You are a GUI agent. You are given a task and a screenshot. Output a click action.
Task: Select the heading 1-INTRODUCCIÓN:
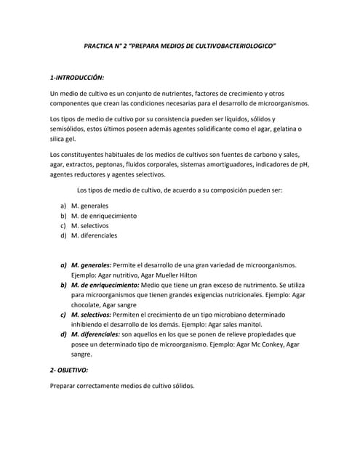click(x=77, y=77)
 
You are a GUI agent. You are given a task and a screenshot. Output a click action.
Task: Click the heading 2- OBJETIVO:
click(x=68, y=370)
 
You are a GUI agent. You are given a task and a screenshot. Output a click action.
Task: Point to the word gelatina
click(x=276, y=129)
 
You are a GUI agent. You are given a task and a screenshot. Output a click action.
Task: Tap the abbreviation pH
click(x=303, y=165)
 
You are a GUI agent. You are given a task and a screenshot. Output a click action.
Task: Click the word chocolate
click(x=86, y=306)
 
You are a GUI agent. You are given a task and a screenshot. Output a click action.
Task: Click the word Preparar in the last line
click(x=64, y=386)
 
